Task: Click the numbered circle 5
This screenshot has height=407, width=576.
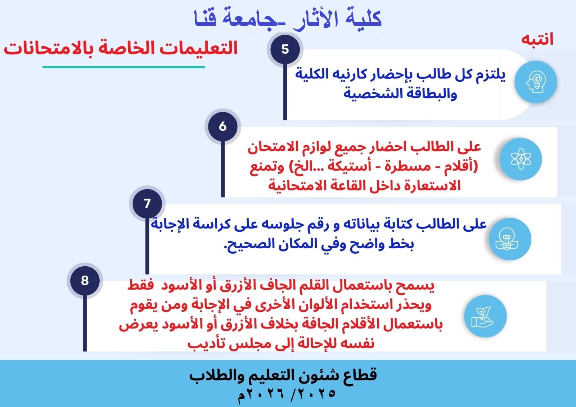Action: coord(285,49)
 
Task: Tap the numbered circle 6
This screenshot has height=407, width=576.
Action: coord(223,127)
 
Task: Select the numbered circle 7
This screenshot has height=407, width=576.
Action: coord(147,204)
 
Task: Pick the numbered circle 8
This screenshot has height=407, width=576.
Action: coord(85,280)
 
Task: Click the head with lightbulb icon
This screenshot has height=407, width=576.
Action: coord(536,82)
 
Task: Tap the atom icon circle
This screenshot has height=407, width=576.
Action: coord(521,159)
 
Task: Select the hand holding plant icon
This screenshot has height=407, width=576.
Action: coord(486,316)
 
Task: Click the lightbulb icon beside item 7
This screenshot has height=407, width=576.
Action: coord(510,239)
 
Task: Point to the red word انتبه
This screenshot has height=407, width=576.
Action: coord(537,40)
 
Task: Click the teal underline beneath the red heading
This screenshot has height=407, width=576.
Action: coord(124,67)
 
